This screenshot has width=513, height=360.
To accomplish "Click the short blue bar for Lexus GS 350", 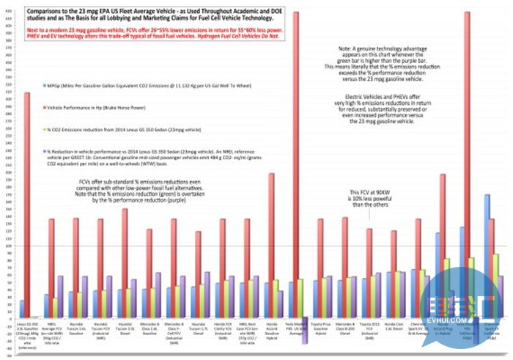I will point(22,309).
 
